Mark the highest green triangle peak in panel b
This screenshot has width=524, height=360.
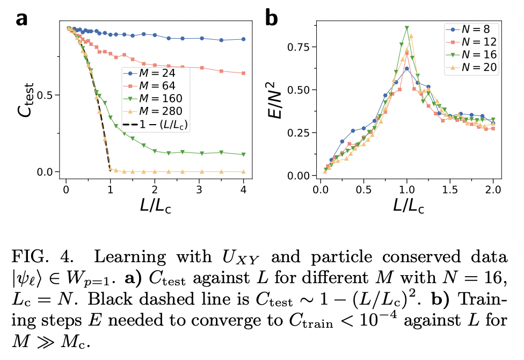pos(407,27)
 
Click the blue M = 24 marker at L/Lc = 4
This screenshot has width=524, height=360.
pos(244,39)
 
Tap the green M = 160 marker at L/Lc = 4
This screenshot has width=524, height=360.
pos(244,154)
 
